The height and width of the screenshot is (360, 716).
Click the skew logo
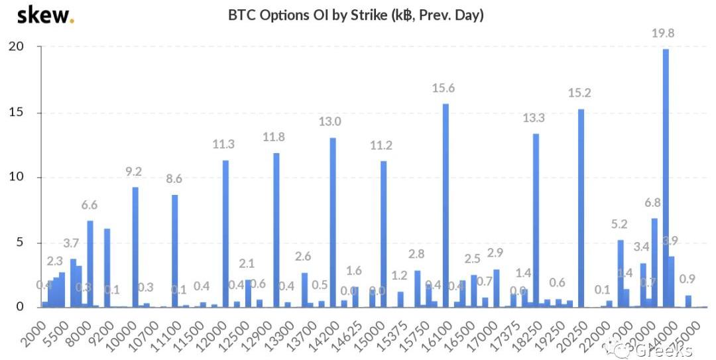click(x=45, y=15)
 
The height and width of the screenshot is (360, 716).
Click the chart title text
click(x=356, y=15)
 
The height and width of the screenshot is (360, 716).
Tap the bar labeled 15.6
click(x=446, y=206)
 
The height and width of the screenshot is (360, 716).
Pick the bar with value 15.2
click(x=581, y=208)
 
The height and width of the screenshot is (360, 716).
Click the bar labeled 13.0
click(x=333, y=222)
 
